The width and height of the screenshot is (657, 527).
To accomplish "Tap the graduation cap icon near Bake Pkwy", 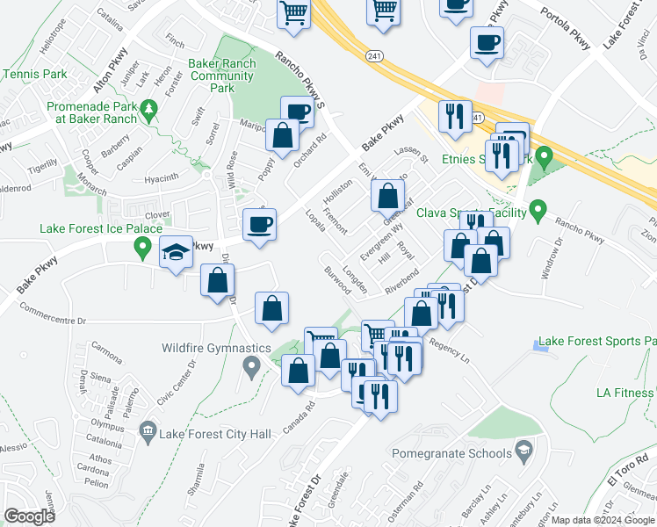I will click(176, 252).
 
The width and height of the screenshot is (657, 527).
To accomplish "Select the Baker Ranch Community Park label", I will click(222, 76).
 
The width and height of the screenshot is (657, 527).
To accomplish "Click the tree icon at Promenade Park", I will click(150, 110).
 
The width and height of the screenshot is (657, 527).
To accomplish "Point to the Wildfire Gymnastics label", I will click(216, 348).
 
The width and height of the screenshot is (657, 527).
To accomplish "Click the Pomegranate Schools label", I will click(451, 453).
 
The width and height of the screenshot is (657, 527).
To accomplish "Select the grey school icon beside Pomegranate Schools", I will click(524, 452).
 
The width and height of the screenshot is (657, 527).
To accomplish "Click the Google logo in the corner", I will click(29, 516).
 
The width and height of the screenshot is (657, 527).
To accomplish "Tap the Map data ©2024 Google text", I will click(603, 520).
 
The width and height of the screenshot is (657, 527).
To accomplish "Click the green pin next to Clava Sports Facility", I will click(539, 212).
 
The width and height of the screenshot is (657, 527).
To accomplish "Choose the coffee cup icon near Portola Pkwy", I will click(486, 42).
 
